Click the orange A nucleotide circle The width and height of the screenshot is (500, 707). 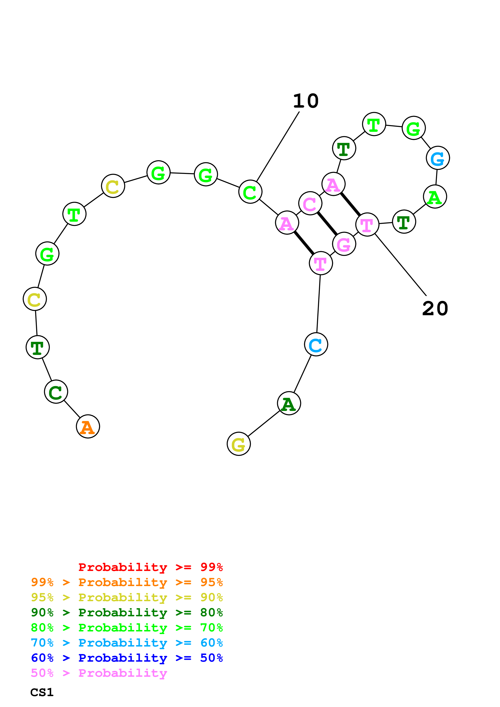(x=88, y=426)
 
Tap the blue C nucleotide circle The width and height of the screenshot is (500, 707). (x=316, y=344)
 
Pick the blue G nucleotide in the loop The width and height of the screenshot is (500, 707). (x=437, y=158)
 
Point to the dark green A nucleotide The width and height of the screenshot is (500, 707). (x=289, y=403)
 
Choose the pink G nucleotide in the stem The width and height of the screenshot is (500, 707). (x=344, y=244)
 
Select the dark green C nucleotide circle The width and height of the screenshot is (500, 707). (x=56, y=392)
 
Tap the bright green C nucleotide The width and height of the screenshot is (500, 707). (x=250, y=192)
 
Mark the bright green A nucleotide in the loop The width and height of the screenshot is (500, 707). (x=435, y=197)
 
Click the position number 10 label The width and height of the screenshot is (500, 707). (x=305, y=101)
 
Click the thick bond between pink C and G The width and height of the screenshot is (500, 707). (x=327, y=224)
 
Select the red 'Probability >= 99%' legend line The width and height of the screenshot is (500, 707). (x=150, y=567)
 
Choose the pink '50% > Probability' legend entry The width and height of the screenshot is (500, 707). (x=99, y=673)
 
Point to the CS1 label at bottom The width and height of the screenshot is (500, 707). (x=42, y=692)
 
